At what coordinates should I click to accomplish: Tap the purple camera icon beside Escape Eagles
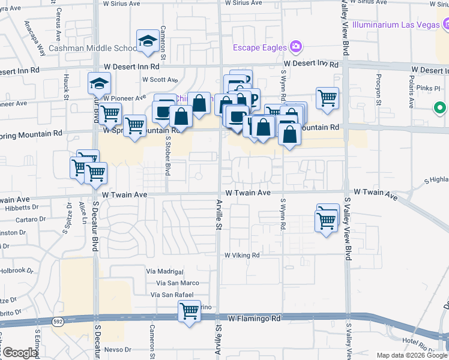[x=295, y=46]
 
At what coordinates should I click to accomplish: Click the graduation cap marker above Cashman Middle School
[x=146, y=41]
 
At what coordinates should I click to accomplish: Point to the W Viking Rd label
[x=242, y=255]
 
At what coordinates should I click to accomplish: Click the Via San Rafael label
[x=172, y=295]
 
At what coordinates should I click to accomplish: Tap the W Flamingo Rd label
[x=255, y=317]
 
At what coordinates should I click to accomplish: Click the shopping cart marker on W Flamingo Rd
[x=189, y=311]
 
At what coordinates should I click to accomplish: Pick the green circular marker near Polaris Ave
[x=440, y=109]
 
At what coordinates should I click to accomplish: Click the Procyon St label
[x=379, y=89]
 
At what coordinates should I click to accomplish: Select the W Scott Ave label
[x=160, y=79]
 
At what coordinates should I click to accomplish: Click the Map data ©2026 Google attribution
[x=412, y=355]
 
